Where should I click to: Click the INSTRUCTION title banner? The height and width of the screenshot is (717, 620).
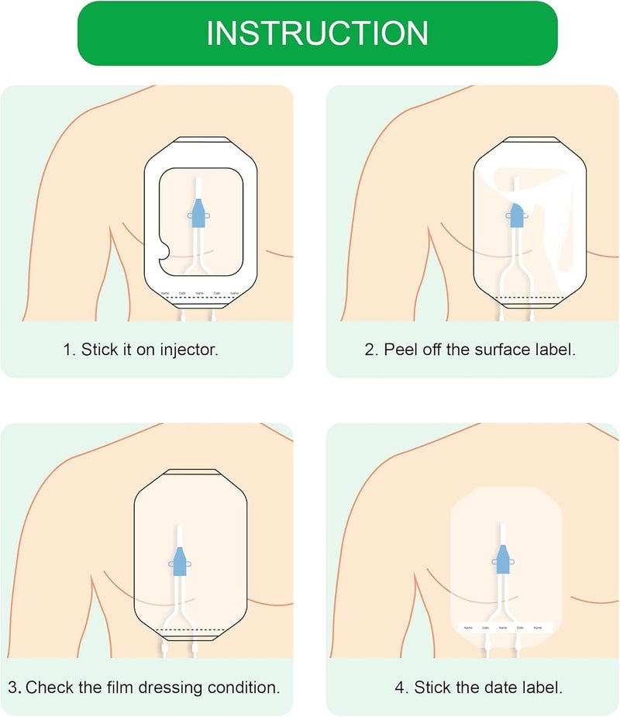tap(317, 33)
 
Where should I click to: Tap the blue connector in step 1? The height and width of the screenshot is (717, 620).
tap(199, 213)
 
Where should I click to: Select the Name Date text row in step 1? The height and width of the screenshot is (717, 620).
tap(199, 293)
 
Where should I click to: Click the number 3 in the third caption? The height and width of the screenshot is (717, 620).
tap(13, 687)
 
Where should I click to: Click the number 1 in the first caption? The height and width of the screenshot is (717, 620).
tap(67, 349)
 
